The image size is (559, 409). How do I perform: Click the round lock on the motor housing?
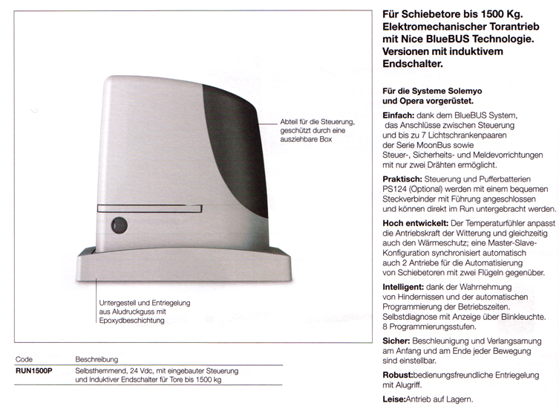tap(118, 225)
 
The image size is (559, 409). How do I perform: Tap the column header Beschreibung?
tap(97, 358)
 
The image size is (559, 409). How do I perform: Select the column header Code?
tap(24, 358)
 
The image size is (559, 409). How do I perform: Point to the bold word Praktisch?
tap(402, 180)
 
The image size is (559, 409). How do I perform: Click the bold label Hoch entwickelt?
tap(413, 222)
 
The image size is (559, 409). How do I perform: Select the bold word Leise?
tap(393, 399)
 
